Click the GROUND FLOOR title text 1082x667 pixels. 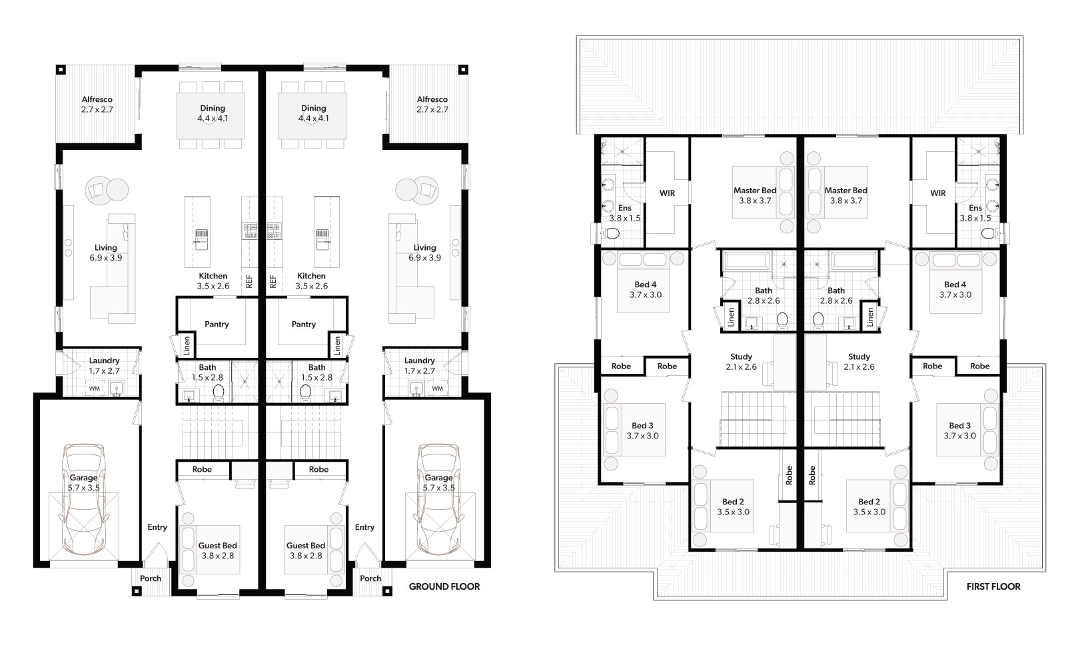click(444, 586)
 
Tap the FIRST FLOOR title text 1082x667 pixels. click(993, 586)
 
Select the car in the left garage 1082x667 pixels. click(83, 499)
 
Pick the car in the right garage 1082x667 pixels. click(438, 499)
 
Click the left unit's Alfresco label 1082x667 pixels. click(97, 99)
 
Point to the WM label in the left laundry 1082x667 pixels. click(94, 388)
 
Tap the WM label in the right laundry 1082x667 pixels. click(437, 388)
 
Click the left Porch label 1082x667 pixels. click(150, 578)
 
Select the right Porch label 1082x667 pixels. click(370, 578)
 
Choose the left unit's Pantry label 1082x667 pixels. click(217, 324)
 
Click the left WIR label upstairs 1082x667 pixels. click(667, 193)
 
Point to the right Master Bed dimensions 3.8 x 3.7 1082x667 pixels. click(845, 201)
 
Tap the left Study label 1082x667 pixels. click(741, 356)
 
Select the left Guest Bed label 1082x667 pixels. click(217, 545)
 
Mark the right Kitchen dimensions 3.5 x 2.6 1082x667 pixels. click(312, 286)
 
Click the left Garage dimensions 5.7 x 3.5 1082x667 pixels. click(83, 488)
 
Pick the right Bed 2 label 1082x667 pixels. click(869, 502)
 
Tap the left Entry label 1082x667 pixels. click(157, 527)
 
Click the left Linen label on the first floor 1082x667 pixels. click(731, 317)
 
